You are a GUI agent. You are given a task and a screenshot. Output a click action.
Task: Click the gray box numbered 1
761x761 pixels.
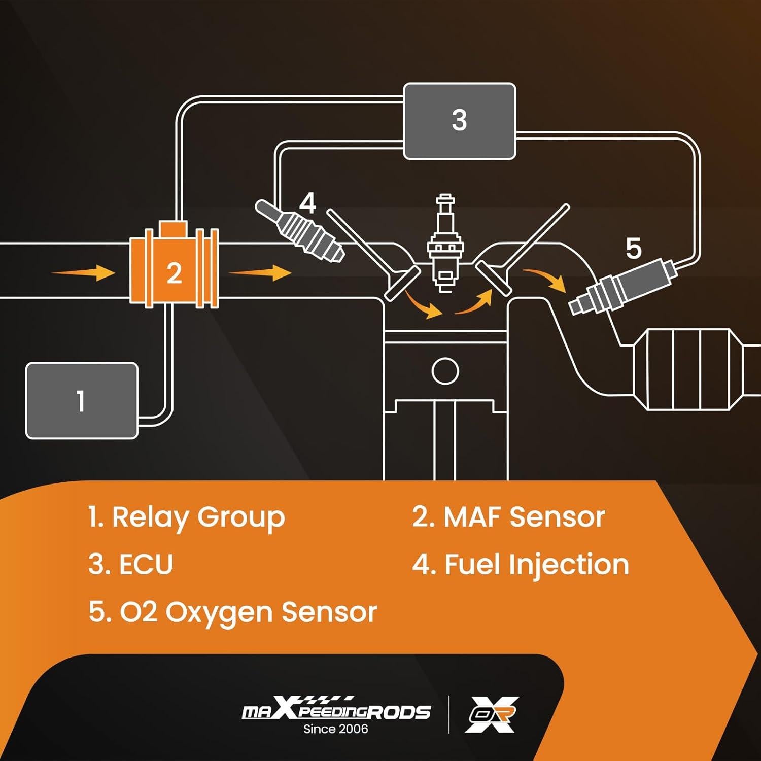point(82,401)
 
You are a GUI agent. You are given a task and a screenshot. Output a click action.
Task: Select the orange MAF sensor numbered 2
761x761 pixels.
point(174,272)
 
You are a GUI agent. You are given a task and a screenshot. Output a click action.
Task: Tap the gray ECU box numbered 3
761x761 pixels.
point(459,121)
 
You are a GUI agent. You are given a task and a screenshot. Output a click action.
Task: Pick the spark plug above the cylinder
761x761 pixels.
point(445,244)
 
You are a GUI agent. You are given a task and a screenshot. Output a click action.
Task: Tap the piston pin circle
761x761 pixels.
point(445,371)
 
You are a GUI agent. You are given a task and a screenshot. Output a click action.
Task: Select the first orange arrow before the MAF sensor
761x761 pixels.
point(84,273)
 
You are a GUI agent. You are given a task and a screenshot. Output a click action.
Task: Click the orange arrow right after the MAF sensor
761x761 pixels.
point(260,272)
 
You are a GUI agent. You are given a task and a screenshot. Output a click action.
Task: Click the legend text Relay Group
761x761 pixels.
point(186,517)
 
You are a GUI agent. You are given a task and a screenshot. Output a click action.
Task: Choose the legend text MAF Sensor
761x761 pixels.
point(508,517)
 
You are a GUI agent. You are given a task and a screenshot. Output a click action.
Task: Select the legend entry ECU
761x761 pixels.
point(131,564)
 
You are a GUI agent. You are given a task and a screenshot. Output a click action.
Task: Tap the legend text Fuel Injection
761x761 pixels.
point(521,564)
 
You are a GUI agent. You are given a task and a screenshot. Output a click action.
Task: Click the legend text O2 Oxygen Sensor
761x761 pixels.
point(233,612)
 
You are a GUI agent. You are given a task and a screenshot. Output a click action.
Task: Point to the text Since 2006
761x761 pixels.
point(336,729)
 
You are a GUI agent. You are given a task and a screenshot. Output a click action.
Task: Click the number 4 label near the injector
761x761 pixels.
point(307,203)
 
